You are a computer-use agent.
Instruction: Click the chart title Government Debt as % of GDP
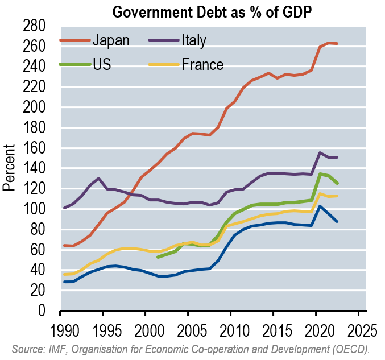point(208,11)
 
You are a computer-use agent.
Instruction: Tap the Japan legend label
point(111,40)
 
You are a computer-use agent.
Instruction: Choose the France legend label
point(203,64)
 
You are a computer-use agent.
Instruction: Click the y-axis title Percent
point(10,168)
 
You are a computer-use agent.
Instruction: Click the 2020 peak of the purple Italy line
point(320,152)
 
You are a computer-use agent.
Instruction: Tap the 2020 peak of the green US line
point(320,174)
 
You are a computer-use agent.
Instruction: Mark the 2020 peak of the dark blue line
point(320,206)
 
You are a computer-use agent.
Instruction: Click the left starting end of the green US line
point(158,257)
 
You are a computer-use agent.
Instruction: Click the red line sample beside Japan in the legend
point(74,40)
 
